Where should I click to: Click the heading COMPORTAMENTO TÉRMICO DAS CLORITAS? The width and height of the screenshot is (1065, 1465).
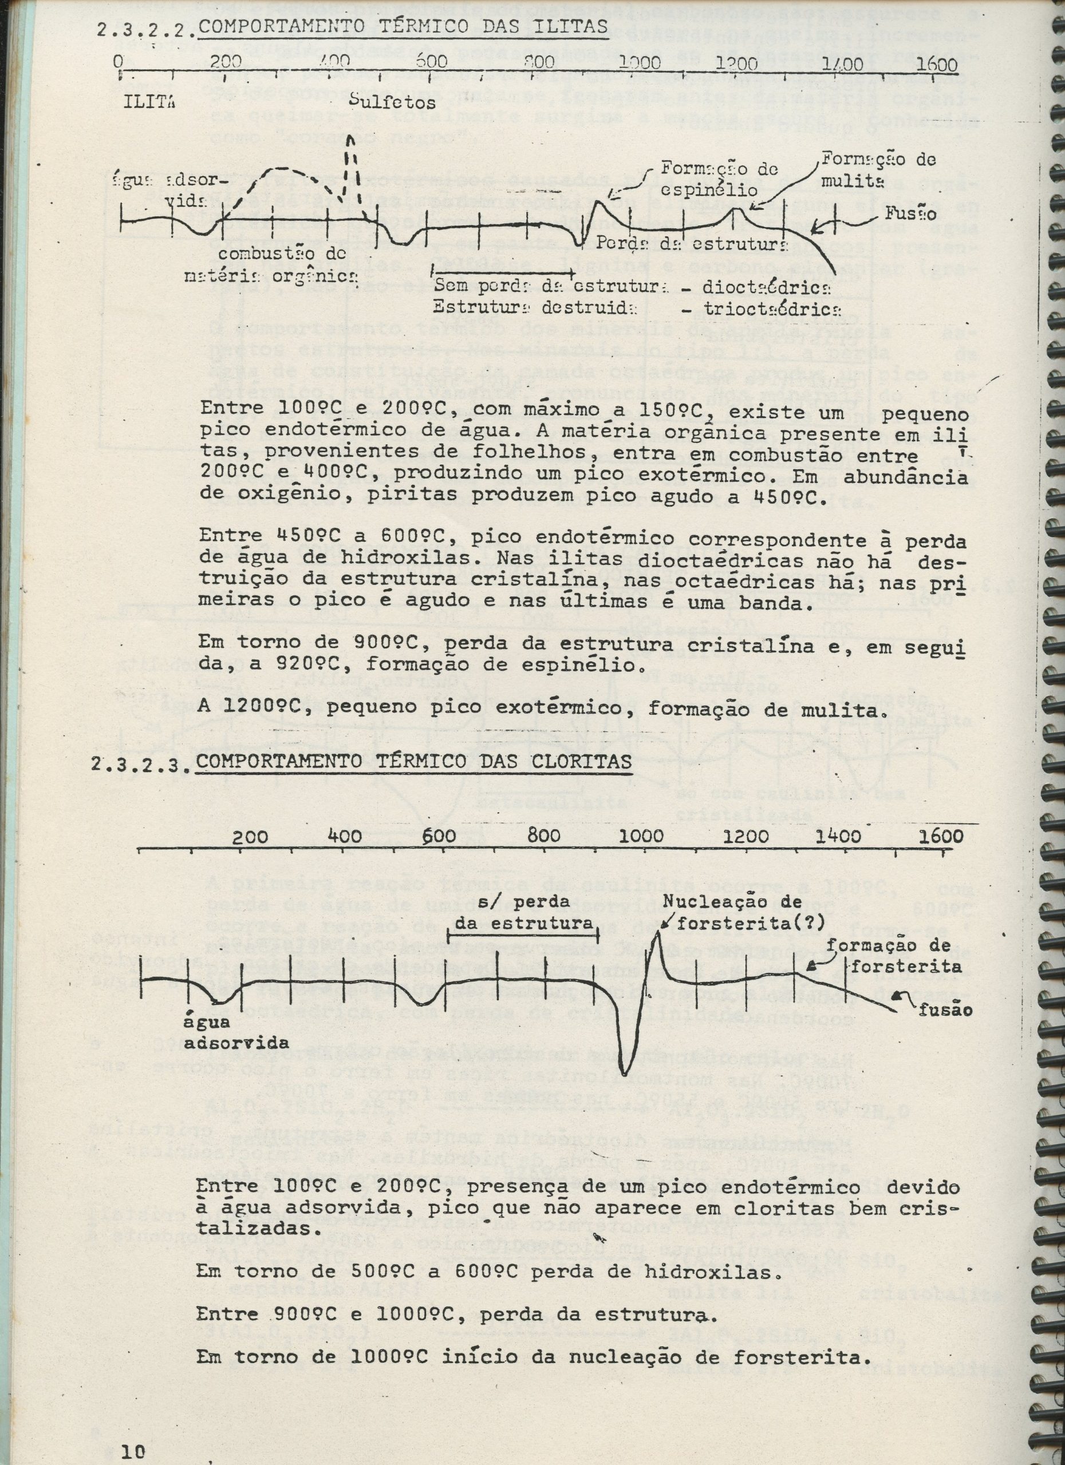point(413,762)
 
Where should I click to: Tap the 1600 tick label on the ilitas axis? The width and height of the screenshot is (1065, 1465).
point(936,64)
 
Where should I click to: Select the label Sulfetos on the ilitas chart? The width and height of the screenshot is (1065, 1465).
point(392,102)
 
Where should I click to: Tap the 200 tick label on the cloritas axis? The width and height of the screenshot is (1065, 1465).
point(250,837)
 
